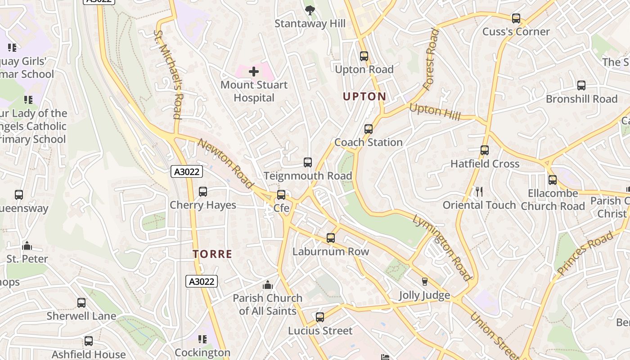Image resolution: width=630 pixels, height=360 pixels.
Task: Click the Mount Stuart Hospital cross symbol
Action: pyautogui.click(x=254, y=72)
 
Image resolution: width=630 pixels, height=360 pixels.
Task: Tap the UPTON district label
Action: pyautogui.click(x=364, y=96)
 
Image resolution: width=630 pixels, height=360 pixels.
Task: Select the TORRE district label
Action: pyautogui.click(x=212, y=254)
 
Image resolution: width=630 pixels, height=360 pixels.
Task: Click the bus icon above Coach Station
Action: pyautogui.click(x=369, y=129)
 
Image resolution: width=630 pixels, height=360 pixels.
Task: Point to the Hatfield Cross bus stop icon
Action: pyautogui.click(x=485, y=150)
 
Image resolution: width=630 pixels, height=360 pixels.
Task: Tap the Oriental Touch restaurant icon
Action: pyautogui.click(x=479, y=192)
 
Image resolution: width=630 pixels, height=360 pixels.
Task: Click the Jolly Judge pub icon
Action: pyautogui.click(x=424, y=282)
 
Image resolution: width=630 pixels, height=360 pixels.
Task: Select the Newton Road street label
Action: pyautogui.click(x=225, y=164)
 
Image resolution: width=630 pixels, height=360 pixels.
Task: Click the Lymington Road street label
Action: pyautogui.click(x=442, y=247)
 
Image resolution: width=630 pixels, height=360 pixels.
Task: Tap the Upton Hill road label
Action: pyautogui.click(x=435, y=112)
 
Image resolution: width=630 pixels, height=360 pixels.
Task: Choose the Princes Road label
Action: pyautogui.click(x=585, y=253)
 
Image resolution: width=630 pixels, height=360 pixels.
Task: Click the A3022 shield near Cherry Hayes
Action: pyautogui.click(x=187, y=171)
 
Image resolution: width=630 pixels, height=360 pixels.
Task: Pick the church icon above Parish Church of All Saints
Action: pyautogui.click(x=268, y=285)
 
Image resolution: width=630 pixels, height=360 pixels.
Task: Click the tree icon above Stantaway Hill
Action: pyautogui.click(x=310, y=10)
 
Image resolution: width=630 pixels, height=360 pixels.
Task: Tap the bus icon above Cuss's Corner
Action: pyautogui.click(x=516, y=18)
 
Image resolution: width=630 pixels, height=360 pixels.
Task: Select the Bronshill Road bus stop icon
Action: pyautogui.click(x=581, y=85)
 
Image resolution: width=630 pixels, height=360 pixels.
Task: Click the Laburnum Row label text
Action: pyautogui.click(x=331, y=252)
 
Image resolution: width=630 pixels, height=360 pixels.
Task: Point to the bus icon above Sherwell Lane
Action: pyautogui.click(x=81, y=303)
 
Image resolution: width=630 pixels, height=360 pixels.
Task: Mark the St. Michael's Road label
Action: pyautogui.click(x=168, y=74)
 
